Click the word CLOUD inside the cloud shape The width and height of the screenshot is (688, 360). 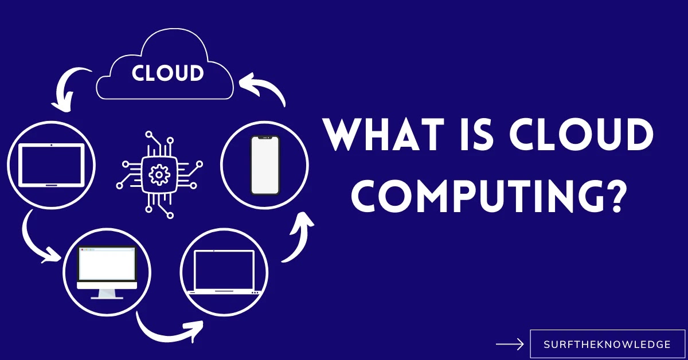pos(167,73)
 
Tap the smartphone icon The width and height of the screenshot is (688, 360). pos(264,165)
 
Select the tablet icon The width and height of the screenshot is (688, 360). pos(52,165)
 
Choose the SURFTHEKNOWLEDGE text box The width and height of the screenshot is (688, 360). pos(607,345)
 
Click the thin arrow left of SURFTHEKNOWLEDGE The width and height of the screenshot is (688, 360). pos(510,345)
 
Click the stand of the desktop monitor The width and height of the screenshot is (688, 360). pos(107,294)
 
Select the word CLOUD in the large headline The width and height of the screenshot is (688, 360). pos(591,135)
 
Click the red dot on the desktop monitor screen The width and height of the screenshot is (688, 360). pos(82,251)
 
